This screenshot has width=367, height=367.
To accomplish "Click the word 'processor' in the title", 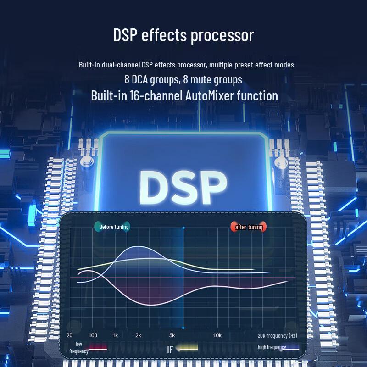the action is click(x=222, y=36).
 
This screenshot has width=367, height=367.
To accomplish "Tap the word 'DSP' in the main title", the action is click(x=125, y=35).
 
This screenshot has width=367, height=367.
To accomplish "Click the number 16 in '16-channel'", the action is click(x=134, y=96).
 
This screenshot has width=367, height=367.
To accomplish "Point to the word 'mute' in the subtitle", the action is click(x=201, y=79).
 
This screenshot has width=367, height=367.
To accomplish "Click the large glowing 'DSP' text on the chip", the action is click(x=183, y=188).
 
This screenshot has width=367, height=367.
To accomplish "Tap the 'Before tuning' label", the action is click(x=114, y=227).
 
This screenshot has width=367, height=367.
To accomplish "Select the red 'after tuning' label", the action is click(x=249, y=227).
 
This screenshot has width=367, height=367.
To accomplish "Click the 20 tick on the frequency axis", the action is click(x=69, y=335).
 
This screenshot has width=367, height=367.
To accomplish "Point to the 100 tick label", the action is click(x=93, y=335).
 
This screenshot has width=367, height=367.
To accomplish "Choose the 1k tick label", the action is click(x=115, y=335).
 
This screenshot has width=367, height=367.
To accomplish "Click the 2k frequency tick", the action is click(x=138, y=335).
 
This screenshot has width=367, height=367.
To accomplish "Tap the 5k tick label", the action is click(x=172, y=335).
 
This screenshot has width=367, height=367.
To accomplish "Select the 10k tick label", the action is click(x=217, y=335).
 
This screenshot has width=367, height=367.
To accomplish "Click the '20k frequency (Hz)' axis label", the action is click(x=278, y=336).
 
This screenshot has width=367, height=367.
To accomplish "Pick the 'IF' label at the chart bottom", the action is click(x=170, y=350).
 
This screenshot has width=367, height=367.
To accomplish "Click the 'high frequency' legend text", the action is click(x=272, y=347).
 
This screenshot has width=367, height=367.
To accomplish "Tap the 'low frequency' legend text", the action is click(x=78, y=348).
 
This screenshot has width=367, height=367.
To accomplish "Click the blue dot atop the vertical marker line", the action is click(x=183, y=228).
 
